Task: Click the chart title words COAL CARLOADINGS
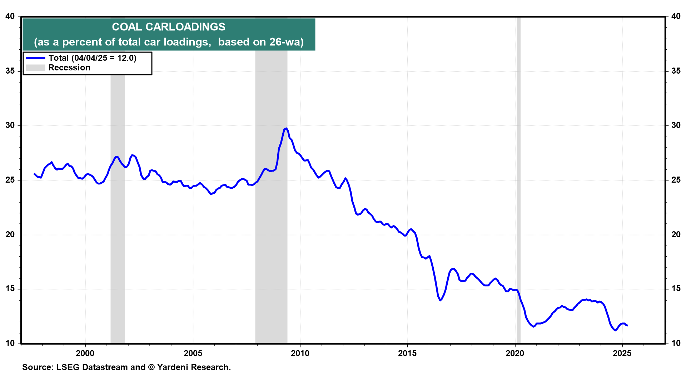(168, 27)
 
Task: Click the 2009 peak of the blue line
(286, 128)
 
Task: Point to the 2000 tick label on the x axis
(85, 353)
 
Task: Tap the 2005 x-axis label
(193, 353)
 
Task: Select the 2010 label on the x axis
(300, 353)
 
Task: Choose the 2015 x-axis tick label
(407, 353)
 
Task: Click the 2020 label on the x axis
(515, 353)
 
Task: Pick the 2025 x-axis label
(622, 353)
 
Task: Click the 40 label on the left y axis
(10, 16)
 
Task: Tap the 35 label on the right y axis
(676, 71)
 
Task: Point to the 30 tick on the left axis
(10, 125)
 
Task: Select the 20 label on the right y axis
(676, 235)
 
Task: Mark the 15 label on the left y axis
(10, 289)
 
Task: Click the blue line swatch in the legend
(35, 58)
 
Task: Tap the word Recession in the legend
(69, 68)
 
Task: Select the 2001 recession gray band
(118, 214)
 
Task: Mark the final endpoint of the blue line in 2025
(627, 325)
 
